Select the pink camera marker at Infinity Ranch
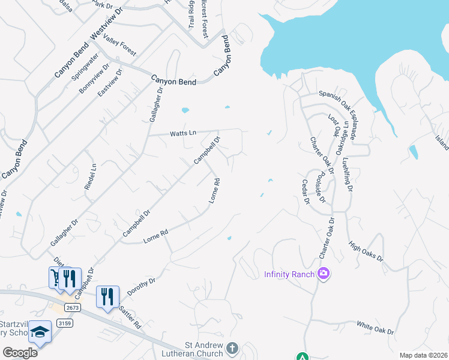click(324, 274)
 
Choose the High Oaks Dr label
click(366, 250)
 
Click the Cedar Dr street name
click(306, 192)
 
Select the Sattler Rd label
click(129, 317)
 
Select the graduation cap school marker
click(40, 332)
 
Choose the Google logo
click(20, 353)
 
